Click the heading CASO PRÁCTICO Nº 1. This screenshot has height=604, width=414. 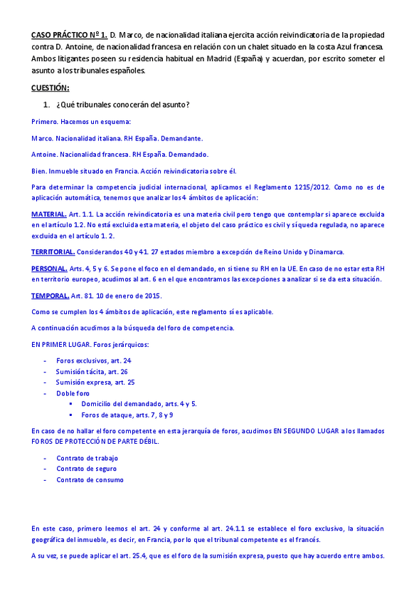tap(69, 35)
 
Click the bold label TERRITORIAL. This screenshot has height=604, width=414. tap(53, 252)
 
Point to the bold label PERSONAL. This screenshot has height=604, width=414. tap(49, 269)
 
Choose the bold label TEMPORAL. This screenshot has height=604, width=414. tap(50, 296)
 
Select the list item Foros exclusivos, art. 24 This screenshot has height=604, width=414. tap(94, 361)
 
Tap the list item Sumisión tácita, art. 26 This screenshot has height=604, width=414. tap(92, 372)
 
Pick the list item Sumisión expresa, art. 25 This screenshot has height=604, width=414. tap(95, 382)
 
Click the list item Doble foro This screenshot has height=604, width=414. tap(73, 393)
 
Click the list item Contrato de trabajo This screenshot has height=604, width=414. tap(87, 458)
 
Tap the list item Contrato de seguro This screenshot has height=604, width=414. tap(87, 469)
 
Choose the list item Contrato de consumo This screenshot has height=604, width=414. tap(90, 479)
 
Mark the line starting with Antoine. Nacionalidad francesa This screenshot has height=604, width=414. tap(120, 155)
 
